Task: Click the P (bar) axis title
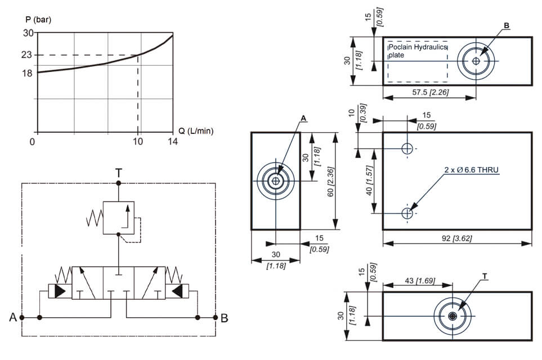(38, 20)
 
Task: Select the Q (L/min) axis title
(196, 130)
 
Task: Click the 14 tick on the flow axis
(172, 142)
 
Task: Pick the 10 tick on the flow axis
(138, 142)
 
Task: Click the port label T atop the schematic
(118, 173)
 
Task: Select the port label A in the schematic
(13, 318)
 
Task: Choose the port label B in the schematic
(224, 318)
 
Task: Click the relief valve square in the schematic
(118, 217)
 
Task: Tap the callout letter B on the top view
(507, 26)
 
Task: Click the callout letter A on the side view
(303, 119)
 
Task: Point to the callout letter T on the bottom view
(485, 276)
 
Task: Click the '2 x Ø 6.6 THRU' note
(472, 169)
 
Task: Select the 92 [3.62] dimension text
(456, 238)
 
